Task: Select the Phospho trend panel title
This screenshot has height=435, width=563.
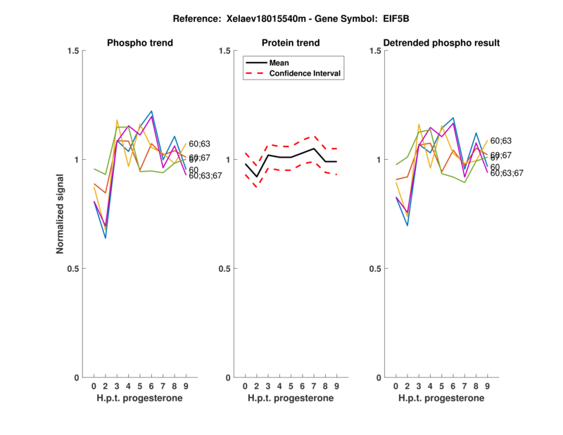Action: pyautogui.click(x=139, y=43)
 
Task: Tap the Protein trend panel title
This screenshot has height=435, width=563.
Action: pyautogui.click(x=290, y=43)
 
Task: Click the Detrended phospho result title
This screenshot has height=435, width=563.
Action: pyautogui.click(x=441, y=43)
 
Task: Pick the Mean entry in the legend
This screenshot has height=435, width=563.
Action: pyautogui.click(x=279, y=63)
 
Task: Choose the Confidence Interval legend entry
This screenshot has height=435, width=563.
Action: pyautogui.click(x=305, y=73)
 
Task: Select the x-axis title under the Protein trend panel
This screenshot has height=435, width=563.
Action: pyautogui.click(x=290, y=398)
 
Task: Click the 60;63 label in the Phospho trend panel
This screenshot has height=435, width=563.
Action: pyautogui.click(x=199, y=144)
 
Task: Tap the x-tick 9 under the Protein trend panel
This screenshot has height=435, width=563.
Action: pyautogui.click(x=336, y=386)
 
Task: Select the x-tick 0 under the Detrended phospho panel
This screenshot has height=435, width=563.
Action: pyautogui.click(x=396, y=386)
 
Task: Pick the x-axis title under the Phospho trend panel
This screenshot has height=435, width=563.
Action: pyautogui.click(x=139, y=398)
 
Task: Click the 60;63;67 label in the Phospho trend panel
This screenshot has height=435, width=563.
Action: pyautogui.click(x=205, y=175)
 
